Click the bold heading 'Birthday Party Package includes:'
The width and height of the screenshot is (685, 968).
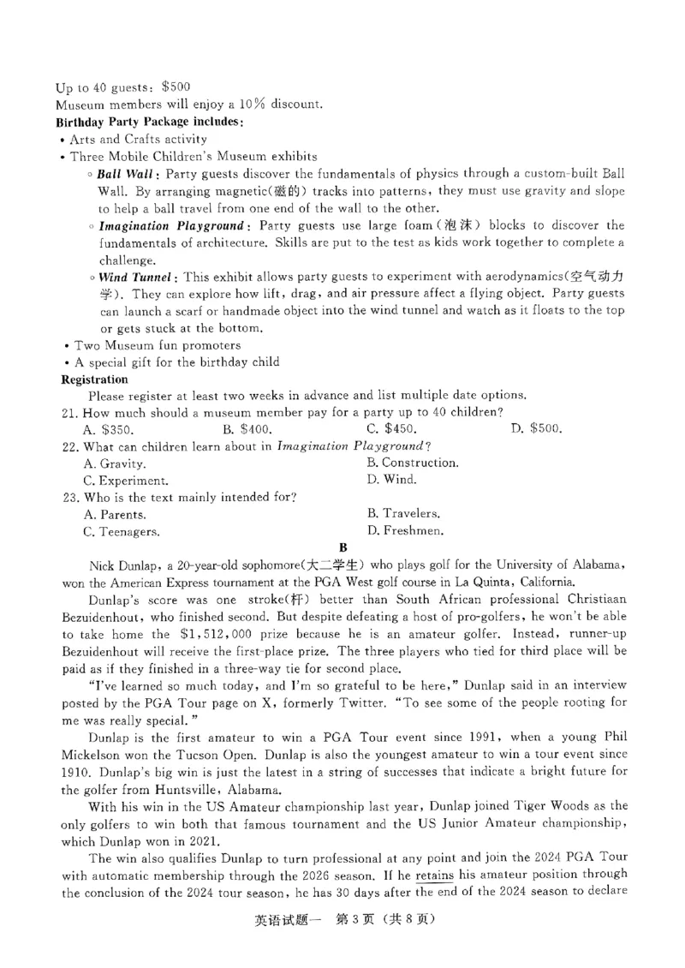point(150,122)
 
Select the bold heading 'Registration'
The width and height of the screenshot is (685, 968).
point(94,379)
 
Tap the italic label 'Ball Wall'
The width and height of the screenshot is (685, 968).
point(126,174)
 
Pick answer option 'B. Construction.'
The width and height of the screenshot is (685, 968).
point(412,463)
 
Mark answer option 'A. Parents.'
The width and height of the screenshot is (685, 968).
point(115,515)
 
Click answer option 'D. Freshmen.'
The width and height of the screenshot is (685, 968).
point(405,531)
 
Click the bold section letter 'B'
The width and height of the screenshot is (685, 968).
point(342,547)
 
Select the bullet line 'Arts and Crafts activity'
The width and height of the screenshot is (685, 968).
point(138,139)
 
